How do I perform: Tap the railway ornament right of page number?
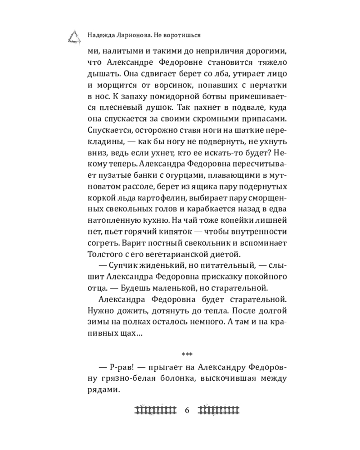click(x=219, y=409)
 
